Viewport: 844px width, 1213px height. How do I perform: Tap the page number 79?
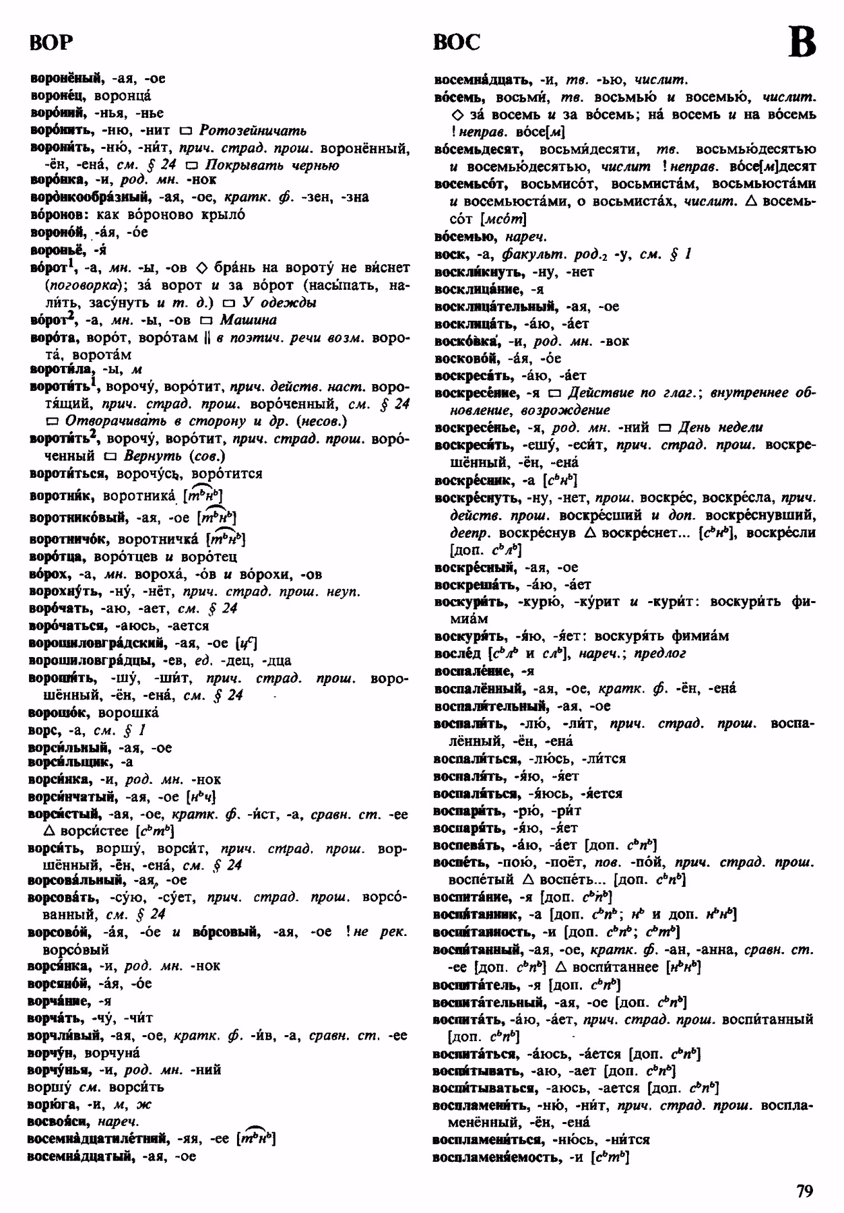804,1191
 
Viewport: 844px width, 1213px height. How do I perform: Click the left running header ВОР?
51,42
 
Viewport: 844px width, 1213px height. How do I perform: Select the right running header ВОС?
457,42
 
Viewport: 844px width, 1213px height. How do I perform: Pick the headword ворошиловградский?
97,643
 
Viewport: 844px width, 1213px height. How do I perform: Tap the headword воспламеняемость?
497,1157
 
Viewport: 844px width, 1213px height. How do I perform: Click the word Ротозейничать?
253,130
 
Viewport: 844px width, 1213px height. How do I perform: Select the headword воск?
449,255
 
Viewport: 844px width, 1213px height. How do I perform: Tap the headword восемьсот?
467,184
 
